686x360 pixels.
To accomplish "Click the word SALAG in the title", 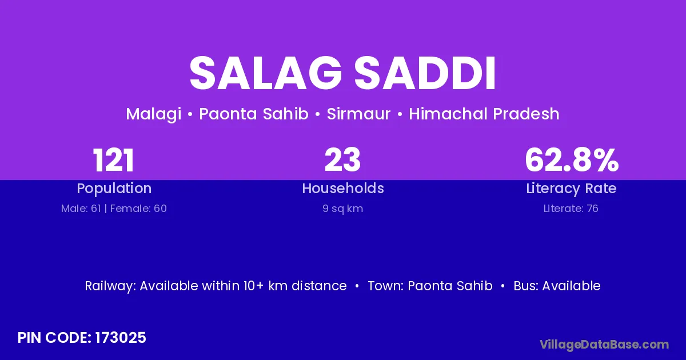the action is (x=266, y=73).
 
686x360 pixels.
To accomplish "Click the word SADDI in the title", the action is (x=425, y=73).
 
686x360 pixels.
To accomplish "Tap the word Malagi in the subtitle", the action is (x=153, y=114).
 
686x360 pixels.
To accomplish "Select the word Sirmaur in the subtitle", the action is (x=358, y=114).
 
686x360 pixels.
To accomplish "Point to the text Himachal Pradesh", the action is (x=484, y=114).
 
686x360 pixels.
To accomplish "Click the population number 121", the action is (x=113, y=160).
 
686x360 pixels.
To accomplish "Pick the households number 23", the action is (x=342, y=160).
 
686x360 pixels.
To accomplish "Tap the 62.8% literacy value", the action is (x=572, y=160).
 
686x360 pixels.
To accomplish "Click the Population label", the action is (x=114, y=189).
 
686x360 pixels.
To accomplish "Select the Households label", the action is (x=343, y=188).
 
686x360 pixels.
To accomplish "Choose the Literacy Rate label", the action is (x=571, y=189).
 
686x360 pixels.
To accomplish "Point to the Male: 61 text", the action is (x=81, y=209).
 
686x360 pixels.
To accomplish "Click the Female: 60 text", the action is (x=138, y=209).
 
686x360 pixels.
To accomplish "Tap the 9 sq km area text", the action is (x=342, y=209).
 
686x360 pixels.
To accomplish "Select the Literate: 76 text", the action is (x=571, y=209).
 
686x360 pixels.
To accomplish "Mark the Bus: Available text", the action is (x=557, y=286).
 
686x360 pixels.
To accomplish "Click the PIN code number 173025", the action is (x=121, y=338).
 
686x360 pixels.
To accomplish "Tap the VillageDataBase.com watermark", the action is (x=604, y=345).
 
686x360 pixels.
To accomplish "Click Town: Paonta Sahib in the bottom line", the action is (x=430, y=286).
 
